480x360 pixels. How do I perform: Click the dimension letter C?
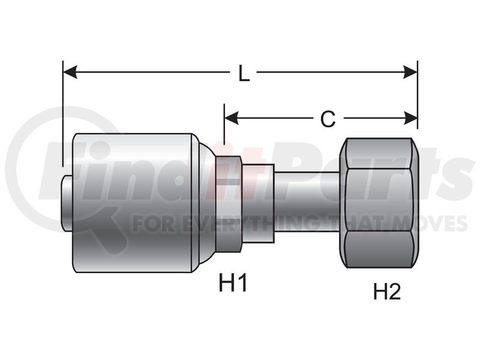[x=328, y=119]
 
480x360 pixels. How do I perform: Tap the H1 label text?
[x=233, y=283]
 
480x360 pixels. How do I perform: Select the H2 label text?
[x=387, y=291]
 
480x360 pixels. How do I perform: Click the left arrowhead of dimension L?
[x=70, y=72]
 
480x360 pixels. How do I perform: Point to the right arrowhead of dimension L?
[x=410, y=72]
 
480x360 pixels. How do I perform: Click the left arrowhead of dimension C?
[x=231, y=118]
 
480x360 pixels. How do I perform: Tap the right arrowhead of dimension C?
[x=410, y=118]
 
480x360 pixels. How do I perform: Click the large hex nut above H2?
[x=379, y=203]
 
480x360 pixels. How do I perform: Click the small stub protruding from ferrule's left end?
[x=68, y=203]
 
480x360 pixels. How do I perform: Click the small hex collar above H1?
[x=229, y=204]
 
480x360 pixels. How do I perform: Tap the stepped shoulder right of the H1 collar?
[x=258, y=203]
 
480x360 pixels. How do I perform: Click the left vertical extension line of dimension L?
[x=63, y=113]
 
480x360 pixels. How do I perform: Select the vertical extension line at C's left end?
[x=224, y=124]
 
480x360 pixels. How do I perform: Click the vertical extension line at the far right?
[x=418, y=95]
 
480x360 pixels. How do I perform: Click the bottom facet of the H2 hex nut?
[x=379, y=250]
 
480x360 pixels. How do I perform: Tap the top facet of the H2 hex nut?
[x=379, y=153]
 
